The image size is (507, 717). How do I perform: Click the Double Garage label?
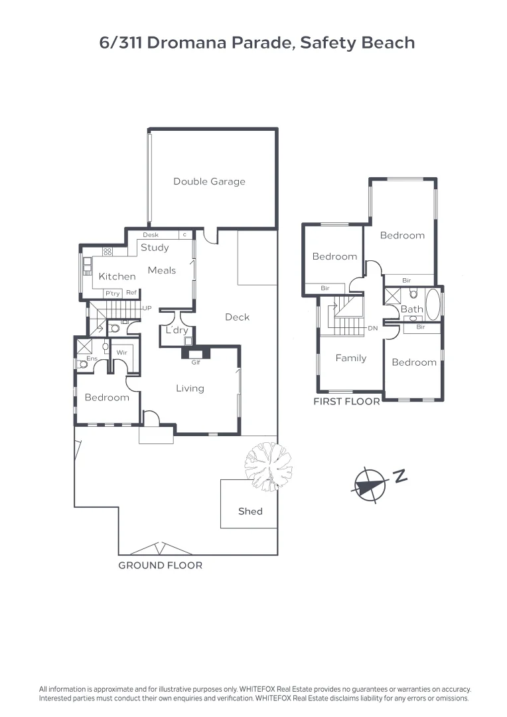[209, 181]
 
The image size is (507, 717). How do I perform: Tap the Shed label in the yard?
[250, 511]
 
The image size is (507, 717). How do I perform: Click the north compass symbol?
[370, 483]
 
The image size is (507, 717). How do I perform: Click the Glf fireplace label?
[196, 362]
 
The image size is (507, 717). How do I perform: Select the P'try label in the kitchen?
[111, 293]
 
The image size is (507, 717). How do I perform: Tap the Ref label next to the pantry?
[131, 293]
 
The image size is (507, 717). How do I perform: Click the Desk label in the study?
[151, 235]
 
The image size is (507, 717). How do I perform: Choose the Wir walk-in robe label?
[121, 353]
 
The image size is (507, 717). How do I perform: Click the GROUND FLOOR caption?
[160, 566]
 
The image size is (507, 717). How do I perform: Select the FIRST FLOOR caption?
[346, 402]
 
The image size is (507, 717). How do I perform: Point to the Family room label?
[350, 358]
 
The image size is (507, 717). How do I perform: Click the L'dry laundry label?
[177, 330]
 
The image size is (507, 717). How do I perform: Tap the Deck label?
[237, 317]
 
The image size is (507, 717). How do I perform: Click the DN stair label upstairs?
[372, 329]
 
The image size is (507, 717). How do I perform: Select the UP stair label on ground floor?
[147, 309]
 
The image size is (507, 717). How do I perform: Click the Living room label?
[190, 388]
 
